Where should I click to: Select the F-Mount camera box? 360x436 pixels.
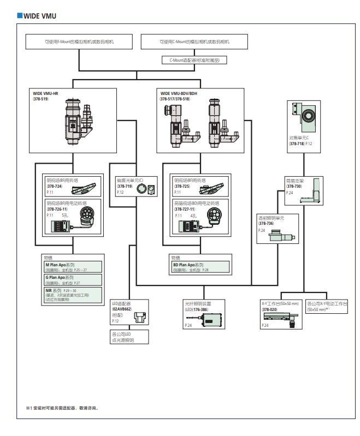[x=79, y=41]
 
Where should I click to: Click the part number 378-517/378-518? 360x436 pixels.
[x=179, y=99]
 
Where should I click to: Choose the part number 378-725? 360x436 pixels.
[x=183, y=186]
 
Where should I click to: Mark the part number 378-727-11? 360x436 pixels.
[x=186, y=208]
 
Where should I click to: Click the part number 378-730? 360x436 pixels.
[x=295, y=186]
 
